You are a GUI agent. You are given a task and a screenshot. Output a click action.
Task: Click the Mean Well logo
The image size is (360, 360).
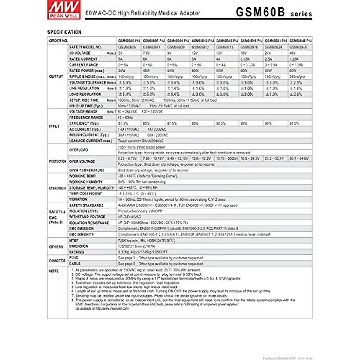pos(64,10)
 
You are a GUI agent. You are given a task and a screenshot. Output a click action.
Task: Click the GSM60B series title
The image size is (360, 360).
pos(274,12)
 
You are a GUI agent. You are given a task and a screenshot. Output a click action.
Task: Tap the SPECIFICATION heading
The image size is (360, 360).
pos(64,32)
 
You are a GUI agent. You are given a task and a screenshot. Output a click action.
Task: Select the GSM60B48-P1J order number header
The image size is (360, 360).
pos(301,40)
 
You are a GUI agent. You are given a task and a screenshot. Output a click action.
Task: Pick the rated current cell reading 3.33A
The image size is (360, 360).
pos(245,59)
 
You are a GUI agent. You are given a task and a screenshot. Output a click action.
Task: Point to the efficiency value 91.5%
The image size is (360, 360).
pos(294,123)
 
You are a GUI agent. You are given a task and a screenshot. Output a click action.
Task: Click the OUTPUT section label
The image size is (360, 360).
pos(56,76)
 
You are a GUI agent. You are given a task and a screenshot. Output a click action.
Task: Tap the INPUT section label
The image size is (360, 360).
pos(54,126)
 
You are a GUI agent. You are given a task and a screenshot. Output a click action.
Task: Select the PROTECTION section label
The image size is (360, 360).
pos(58,161)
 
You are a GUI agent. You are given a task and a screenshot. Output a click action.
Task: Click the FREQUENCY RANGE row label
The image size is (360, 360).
pos(86,118)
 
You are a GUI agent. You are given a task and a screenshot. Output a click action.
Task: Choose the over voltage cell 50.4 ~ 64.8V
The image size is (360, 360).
pos(299,158)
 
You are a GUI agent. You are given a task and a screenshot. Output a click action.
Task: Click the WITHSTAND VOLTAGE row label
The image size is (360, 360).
pos(87,217)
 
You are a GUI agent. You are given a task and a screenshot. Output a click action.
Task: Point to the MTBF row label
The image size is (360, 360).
pos(74,241)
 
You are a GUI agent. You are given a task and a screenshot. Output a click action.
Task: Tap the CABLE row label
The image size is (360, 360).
pos(75,264)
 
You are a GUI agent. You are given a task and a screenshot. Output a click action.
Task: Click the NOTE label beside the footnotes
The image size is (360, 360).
pos(54,271)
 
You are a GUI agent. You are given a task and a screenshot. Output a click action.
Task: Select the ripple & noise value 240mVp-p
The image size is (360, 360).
pos(297,77)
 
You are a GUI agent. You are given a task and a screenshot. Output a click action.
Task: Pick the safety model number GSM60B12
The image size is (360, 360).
pos(200,47)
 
